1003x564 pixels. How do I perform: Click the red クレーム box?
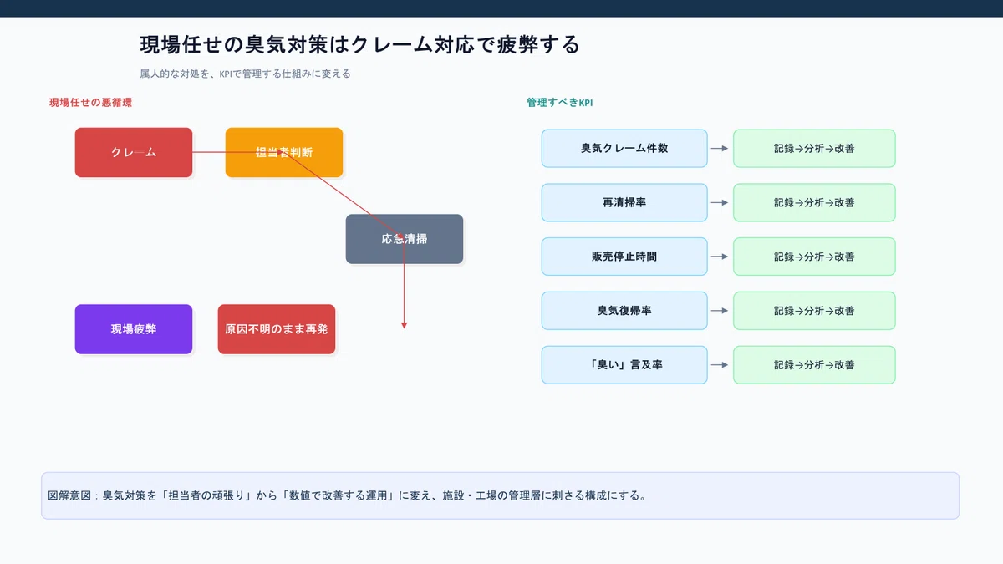pos(134,152)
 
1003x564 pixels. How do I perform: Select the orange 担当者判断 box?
pos(284,152)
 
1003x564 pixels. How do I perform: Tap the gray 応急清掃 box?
pos(405,239)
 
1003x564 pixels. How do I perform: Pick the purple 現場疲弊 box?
pos(134,329)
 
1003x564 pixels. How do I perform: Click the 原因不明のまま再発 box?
pos(277,329)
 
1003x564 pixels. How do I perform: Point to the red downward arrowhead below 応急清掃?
pos(404,325)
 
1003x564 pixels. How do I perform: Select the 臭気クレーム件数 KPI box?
pos(624,148)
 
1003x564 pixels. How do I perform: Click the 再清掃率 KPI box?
pos(624,202)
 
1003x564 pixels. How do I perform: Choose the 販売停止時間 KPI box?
pos(624,257)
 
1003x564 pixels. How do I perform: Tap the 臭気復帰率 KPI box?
pos(624,311)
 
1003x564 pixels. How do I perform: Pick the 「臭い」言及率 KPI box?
pos(624,365)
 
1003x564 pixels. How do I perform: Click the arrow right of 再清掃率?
pos(720,202)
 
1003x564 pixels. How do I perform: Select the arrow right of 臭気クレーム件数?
pos(720,148)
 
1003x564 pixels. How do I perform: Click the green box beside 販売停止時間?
pos(814,257)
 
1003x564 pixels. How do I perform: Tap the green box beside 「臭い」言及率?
pos(814,365)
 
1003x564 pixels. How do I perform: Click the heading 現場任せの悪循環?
pos(90,103)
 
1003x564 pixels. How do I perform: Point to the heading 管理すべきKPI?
pos(560,103)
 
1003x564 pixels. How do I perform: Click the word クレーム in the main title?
pos(392,45)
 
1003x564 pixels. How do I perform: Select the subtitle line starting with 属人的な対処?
pos(245,74)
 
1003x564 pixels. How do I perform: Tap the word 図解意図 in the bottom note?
pos(69,495)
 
